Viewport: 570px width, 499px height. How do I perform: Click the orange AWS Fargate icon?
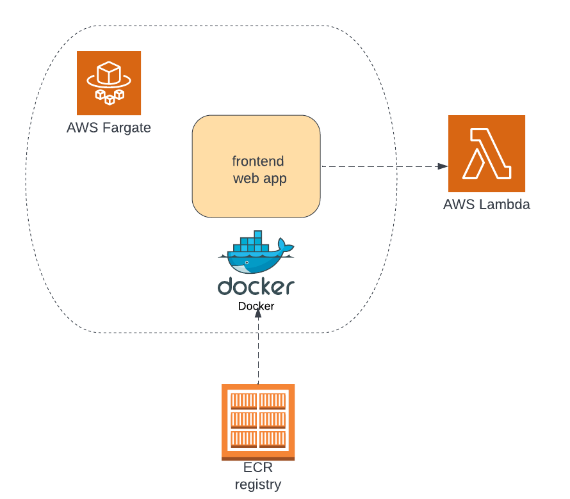pyautogui.click(x=109, y=83)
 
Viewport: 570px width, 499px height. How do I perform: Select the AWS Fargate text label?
pyautogui.click(x=109, y=127)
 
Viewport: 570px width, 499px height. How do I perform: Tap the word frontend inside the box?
pyautogui.click(x=257, y=161)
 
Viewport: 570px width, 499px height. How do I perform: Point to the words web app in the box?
pyautogui.click(x=259, y=178)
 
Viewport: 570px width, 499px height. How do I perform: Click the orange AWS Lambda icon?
pyautogui.click(x=487, y=154)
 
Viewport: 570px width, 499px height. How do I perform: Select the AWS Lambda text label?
pyautogui.click(x=487, y=205)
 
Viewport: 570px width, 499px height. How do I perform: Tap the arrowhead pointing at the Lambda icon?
pyautogui.click(x=443, y=166)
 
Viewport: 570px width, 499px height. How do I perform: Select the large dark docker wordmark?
pyautogui.click(x=256, y=286)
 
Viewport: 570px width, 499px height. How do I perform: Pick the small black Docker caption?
pyautogui.click(x=256, y=306)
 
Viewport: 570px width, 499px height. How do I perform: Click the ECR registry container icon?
pyautogui.click(x=258, y=421)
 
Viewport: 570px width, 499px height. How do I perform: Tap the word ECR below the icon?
pyautogui.click(x=258, y=468)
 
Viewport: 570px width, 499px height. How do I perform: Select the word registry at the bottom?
pyautogui.click(x=258, y=485)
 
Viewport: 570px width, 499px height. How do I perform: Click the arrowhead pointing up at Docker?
pyautogui.click(x=258, y=313)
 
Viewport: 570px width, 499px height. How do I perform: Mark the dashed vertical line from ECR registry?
pyautogui.click(x=258, y=352)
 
